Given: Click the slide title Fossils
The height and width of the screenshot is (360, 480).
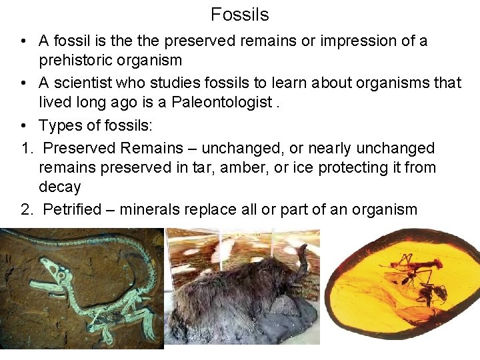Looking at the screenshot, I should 239,14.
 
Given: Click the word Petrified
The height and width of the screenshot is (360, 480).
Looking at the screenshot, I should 71,209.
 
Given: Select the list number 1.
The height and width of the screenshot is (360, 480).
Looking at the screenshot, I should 26,148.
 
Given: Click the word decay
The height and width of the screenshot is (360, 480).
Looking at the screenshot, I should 59,187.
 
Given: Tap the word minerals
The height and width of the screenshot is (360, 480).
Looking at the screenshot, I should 153,209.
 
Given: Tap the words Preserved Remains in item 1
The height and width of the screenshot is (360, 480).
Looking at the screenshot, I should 114,148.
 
